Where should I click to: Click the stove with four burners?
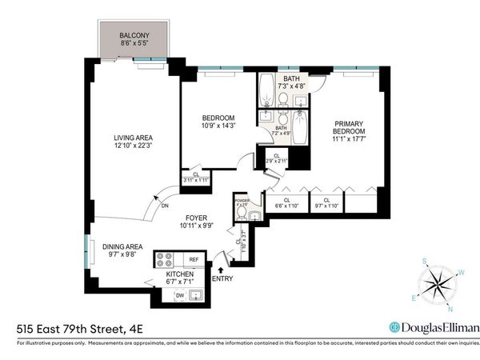point(164,259)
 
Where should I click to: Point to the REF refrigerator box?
point(192,260)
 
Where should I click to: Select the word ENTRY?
point(223,278)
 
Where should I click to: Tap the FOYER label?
point(197,217)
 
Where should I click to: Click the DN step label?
point(165,206)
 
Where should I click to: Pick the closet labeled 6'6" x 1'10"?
point(286,205)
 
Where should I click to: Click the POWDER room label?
point(242,202)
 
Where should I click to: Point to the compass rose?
point(439,284)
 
